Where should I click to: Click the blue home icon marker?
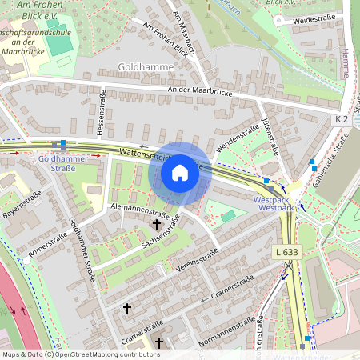(x=180, y=173)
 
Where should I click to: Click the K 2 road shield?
(x=342, y=119)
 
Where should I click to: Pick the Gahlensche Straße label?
(x=331, y=161)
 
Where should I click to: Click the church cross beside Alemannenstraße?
(x=156, y=226)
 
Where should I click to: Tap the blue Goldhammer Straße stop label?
(x=57, y=163)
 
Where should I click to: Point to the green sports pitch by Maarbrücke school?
(x=59, y=44)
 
